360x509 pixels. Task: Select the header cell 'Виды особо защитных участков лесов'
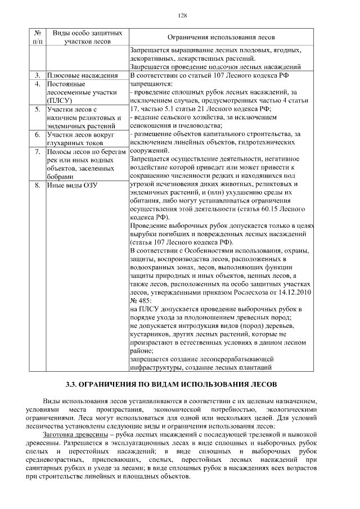tap(87, 37)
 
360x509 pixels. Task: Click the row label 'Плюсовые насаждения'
tap(82, 75)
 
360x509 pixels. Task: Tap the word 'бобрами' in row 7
tap(62, 176)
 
